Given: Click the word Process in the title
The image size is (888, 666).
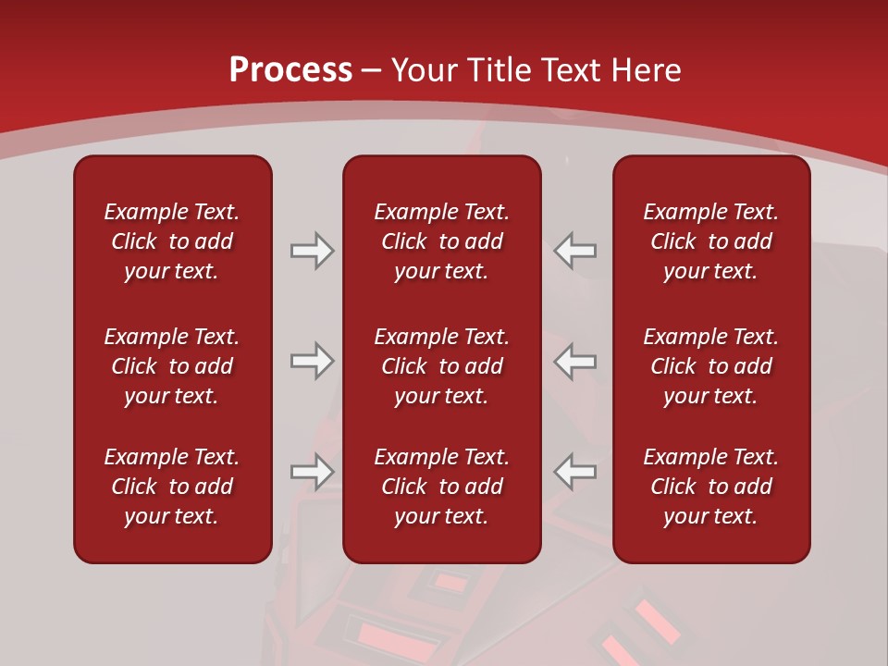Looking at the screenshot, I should tap(290, 70).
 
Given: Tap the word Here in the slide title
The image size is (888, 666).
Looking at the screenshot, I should tap(647, 70).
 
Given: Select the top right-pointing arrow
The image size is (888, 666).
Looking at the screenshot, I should tap(312, 251).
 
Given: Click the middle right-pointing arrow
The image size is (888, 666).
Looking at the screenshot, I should tap(312, 361).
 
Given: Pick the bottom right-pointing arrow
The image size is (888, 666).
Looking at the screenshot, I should tap(312, 472).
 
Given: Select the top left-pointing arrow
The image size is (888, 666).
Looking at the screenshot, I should tap(575, 251).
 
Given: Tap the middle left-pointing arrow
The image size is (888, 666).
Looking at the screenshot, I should tap(575, 361).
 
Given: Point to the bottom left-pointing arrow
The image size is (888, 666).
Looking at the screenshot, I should tap(575, 472).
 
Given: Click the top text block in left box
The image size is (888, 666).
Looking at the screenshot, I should tap(172, 241).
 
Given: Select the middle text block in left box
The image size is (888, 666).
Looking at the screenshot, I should tap(172, 366).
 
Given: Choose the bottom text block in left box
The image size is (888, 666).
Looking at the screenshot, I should tap(172, 487).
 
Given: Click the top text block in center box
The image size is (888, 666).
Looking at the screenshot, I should tap(441, 241).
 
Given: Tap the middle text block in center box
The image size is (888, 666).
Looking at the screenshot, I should tap(441, 366).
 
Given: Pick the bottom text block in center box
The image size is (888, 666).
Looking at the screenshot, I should tap(441, 487).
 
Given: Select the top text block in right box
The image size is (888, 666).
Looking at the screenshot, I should tap(710, 241).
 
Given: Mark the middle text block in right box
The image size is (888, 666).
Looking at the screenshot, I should tap(710, 366).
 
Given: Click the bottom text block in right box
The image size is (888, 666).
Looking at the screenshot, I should tap(710, 487).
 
